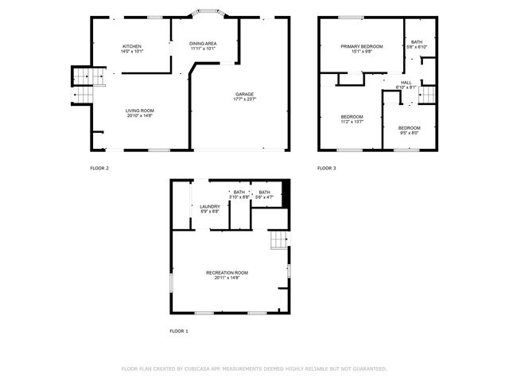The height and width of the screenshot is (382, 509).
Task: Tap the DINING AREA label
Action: coord(203,43)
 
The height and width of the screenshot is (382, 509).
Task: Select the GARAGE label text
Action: coord(244,94)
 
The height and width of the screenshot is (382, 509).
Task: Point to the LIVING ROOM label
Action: coord(140,111)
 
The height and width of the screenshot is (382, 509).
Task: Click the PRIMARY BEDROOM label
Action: coord(362,47)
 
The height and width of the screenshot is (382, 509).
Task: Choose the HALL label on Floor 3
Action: coord(406,82)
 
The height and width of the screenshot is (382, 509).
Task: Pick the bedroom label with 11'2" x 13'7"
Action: coord(352,117)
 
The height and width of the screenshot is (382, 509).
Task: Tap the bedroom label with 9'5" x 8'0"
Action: coord(410,128)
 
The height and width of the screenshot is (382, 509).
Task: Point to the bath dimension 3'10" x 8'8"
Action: coord(239,197)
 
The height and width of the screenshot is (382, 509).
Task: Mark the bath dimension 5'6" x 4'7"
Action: coord(263,197)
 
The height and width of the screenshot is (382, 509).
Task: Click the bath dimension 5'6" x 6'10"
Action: coord(417,45)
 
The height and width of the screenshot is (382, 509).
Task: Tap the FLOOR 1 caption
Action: coord(179,330)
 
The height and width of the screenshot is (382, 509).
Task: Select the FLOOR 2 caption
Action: coord(99,169)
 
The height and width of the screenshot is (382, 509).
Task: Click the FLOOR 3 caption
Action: coord(327,169)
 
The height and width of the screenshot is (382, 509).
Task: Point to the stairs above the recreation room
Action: coord(278,240)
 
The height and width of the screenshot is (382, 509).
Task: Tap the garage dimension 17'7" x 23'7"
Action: coord(244,99)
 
